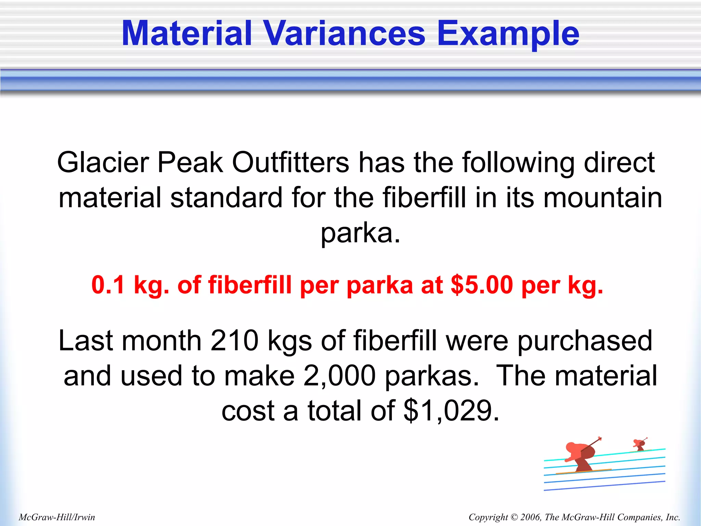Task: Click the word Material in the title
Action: (187, 34)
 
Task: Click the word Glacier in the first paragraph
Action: (103, 162)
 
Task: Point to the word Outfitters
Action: (291, 162)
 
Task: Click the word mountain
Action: (602, 198)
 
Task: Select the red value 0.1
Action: (107, 285)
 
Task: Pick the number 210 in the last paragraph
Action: (234, 341)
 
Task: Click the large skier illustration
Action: (582, 457)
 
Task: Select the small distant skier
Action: (639, 444)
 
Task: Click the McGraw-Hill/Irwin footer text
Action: (57, 517)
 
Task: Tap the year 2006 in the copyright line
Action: (530, 517)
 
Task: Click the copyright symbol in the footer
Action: (514, 517)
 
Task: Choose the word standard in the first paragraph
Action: (226, 198)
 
